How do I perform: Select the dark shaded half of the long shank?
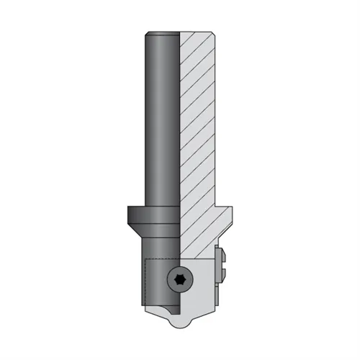pos(161,122)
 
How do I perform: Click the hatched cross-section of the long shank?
pos(197,122)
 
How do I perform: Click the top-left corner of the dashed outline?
pos(144,258)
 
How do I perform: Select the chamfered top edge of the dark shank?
pos(162,33)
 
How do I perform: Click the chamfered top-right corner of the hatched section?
pos(214,34)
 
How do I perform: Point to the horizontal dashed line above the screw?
pos(162,258)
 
